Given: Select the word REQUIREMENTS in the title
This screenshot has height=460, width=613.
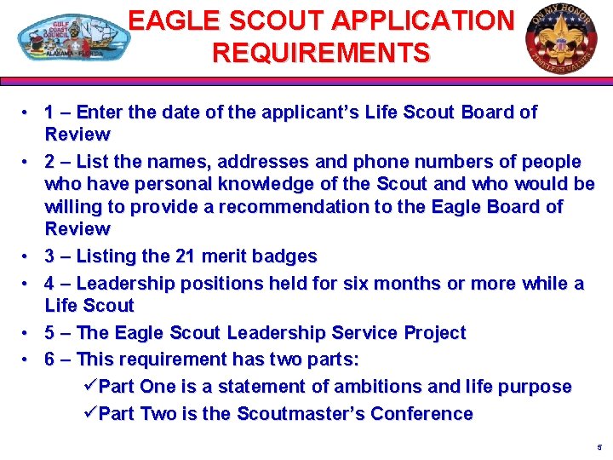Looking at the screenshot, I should (x=321, y=53).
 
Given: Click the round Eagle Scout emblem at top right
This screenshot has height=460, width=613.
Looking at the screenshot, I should (x=561, y=36).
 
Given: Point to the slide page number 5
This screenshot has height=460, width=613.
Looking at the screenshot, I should (x=599, y=447).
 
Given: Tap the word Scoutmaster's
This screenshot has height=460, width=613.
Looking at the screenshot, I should (x=308, y=414).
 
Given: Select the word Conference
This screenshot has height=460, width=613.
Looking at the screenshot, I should (x=426, y=414).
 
